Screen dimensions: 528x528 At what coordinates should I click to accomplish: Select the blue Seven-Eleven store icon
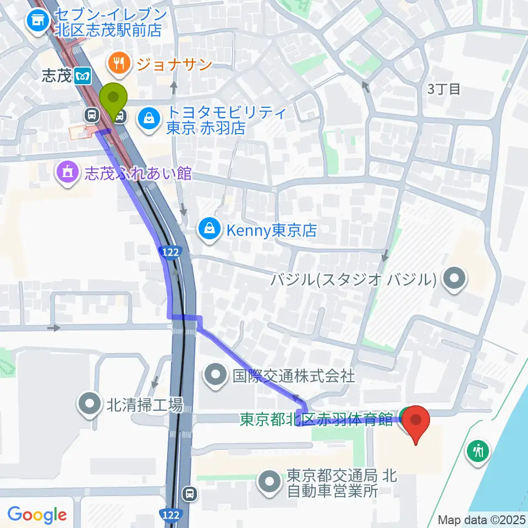pos(37,22)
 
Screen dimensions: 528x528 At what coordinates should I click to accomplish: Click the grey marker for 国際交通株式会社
pos(215,376)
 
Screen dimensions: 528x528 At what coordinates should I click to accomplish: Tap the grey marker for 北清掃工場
pos(88,406)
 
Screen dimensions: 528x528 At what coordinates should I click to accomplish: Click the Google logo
pos(37,515)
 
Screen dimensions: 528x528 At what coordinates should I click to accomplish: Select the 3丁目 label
pos(444,89)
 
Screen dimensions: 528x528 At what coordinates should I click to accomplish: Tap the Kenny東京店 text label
pos(272,230)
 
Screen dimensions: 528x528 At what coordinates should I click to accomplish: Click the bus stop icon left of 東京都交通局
pos(189,493)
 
